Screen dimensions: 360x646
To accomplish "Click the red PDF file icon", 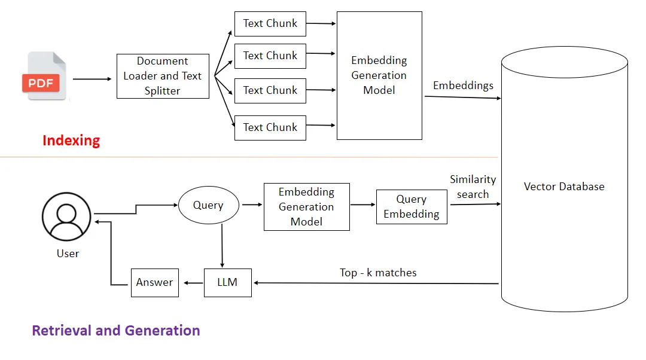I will point(45,77).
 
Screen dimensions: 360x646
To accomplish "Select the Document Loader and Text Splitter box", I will point(163,77).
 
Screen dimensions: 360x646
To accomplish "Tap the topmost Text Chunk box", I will point(270,24).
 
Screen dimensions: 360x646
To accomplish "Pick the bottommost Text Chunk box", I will point(270,127).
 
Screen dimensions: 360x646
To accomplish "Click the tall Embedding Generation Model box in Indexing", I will point(379,76).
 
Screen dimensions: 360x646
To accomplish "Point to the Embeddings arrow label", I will point(463,86).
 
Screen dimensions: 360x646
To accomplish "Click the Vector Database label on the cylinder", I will point(564,187).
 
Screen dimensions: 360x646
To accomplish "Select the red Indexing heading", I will point(71,141).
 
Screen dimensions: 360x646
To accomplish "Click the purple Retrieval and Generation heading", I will point(116,331).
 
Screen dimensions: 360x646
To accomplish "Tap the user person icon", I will point(66,217).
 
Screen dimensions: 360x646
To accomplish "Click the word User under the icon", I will point(68,254).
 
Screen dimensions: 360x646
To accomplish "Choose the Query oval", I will point(208,205).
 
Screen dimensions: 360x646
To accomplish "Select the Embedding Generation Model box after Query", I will point(306,207).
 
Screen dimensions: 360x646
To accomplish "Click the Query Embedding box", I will point(412,207).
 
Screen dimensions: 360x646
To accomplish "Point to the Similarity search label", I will point(473,187).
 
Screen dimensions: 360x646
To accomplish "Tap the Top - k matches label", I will point(378,273).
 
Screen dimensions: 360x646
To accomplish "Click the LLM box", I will point(227,282).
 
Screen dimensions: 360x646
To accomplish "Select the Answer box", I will point(155,282).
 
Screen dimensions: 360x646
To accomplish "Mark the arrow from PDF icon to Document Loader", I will point(93,78).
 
